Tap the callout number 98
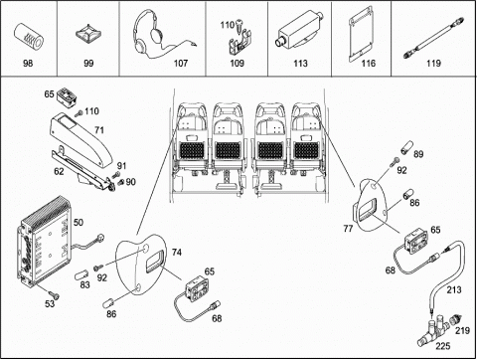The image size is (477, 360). (x=28, y=63)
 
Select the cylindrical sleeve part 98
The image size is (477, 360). (x=29, y=38)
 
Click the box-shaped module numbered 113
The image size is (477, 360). (x=298, y=32)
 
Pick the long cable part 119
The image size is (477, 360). (x=434, y=38)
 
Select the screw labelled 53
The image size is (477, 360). (x=54, y=294)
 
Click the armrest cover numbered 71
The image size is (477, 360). (x=81, y=140)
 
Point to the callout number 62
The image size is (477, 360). (x=59, y=171)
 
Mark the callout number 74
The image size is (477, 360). (x=177, y=253)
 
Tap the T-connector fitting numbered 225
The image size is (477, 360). (x=433, y=331)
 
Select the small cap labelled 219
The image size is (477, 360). (x=456, y=321)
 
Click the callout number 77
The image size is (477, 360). (x=348, y=229)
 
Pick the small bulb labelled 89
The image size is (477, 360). (x=406, y=148)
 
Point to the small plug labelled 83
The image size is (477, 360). (x=81, y=274)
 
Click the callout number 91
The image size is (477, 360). (x=121, y=165)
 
